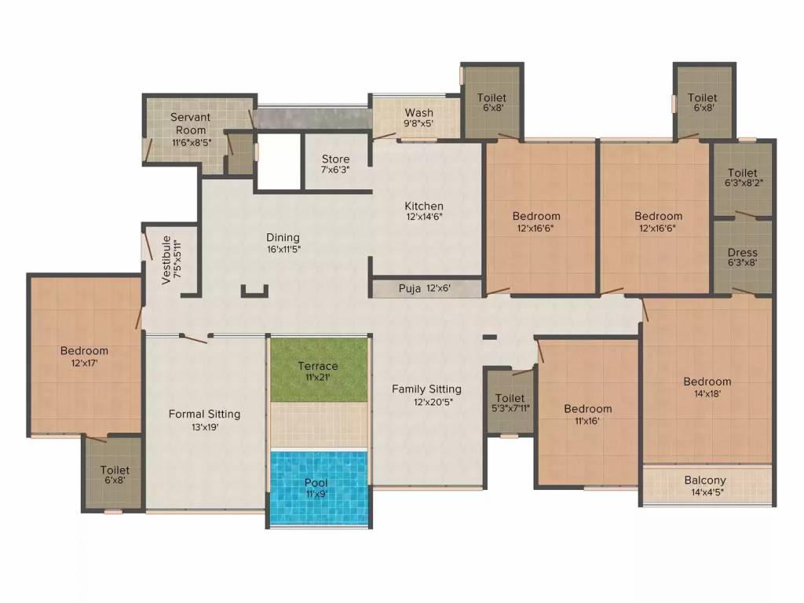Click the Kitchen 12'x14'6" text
tap(424, 211)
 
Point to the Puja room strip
tap(425, 289)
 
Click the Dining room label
tap(283, 238)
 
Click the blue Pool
tap(318, 487)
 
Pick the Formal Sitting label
tap(204, 414)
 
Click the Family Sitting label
tap(426, 389)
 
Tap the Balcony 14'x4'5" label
tap(705, 486)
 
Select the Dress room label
tap(742, 258)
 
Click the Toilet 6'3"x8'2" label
tap(742, 177)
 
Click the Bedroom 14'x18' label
tap(707, 388)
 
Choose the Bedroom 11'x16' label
tap(587, 414)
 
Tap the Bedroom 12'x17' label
tap(84, 356)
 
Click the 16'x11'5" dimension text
tap(283, 249)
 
